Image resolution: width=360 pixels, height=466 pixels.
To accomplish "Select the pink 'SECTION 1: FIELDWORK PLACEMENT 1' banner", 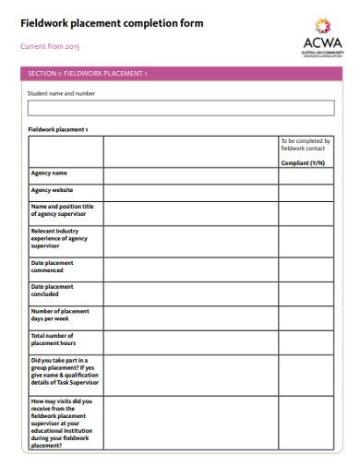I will [x=180, y=73].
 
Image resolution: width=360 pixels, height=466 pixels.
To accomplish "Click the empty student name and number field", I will [x=180, y=108].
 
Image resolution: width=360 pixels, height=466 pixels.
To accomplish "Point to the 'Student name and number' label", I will [x=61, y=93].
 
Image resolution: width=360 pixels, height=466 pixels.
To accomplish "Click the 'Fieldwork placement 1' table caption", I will [x=57, y=130].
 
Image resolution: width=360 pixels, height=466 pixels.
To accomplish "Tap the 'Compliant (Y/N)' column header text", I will [x=303, y=162].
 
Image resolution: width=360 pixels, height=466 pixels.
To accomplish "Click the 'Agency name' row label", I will [x=49, y=173].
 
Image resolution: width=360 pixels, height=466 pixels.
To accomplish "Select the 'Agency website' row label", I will [x=53, y=190].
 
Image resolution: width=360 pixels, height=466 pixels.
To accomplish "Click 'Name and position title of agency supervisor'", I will [x=63, y=209].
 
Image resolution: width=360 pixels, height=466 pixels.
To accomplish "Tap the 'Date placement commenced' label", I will [x=52, y=267].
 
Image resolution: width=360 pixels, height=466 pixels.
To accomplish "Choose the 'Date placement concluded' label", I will [x=52, y=291].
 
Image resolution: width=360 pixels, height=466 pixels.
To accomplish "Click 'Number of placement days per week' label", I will [x=60, y=315].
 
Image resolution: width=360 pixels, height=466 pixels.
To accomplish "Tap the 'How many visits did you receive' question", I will [x=63, y=423].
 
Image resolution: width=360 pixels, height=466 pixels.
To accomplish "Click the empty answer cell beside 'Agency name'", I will [x=189, y=176].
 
